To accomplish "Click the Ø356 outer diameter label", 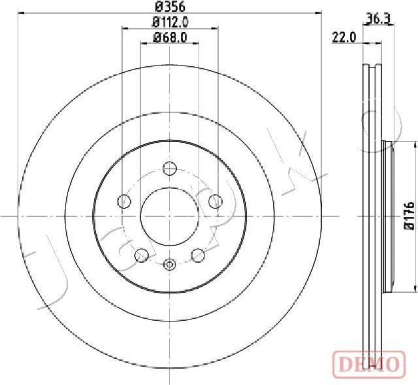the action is tap(170, 7).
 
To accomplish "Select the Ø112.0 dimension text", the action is tap(170, 22).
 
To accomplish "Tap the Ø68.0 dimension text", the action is tap(170, 37).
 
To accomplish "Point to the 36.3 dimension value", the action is tap(378, 19).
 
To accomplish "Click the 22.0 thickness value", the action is tap(344, 37).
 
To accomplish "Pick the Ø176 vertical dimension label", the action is tap(410, 216).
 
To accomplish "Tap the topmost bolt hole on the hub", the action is tap(170, 169).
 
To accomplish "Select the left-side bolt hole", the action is tap(124, 201).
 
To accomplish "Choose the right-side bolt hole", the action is tap(216, 201).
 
